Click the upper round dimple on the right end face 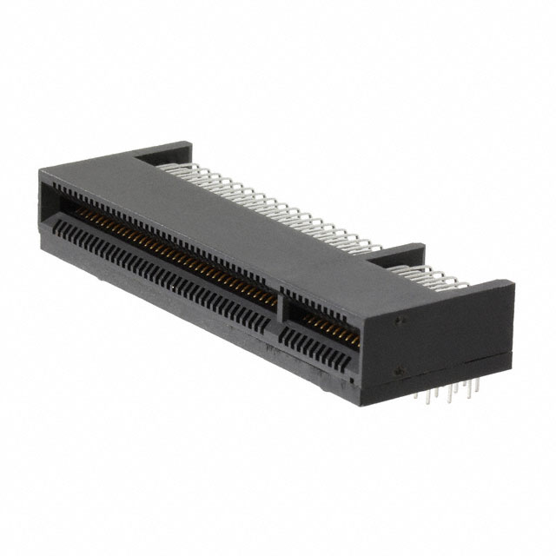pyautogui.click(x=400, y=320)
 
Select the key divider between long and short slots pyautogui.click(x=281, y=316)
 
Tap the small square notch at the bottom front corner pyautogui.click(x=350, y=380)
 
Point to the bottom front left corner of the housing pyautogui.click(x=43, y=248)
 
